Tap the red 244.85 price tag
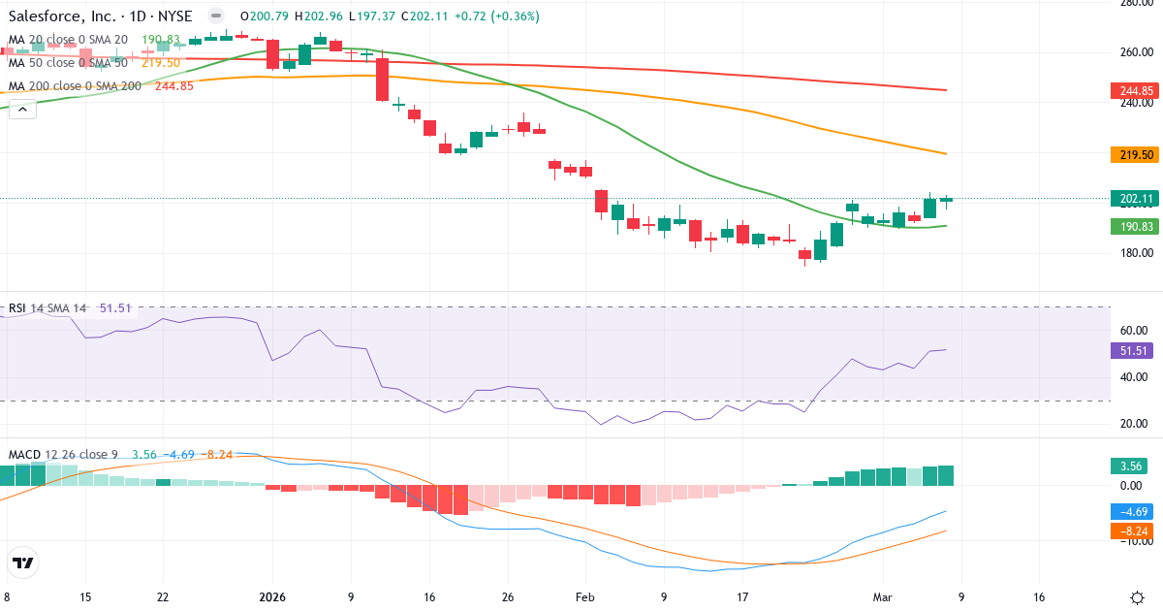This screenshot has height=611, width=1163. pos(1131,91)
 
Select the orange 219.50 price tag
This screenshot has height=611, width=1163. pos(1131,155)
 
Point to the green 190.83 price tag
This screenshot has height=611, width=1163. pos(1131,226)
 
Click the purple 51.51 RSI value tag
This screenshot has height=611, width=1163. pos(1131,351)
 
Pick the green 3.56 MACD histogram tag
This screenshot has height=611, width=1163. pos(1131,466)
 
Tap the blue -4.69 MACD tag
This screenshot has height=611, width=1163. pos(1131,512)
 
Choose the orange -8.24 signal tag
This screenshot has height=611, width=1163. pos(1131,531)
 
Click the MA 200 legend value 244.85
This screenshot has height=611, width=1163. pos(174,85)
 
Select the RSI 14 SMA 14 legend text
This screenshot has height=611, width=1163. pos(48,308)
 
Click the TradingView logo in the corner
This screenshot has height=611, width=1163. pos(23,563)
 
